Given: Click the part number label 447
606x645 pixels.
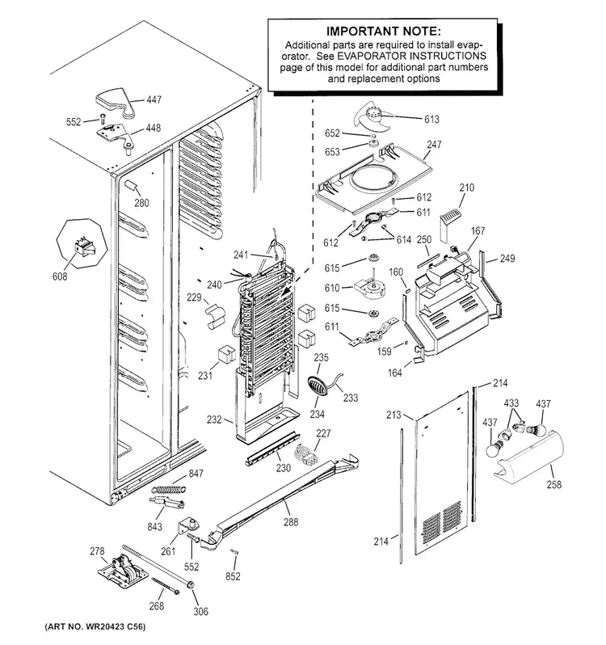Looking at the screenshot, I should [x=154, y=100].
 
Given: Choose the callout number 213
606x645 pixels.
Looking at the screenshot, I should [x=393, y=415].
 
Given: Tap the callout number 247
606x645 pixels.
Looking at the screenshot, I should [x=435, y=145].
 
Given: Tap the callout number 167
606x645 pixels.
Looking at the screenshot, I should [x=478, y=231].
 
